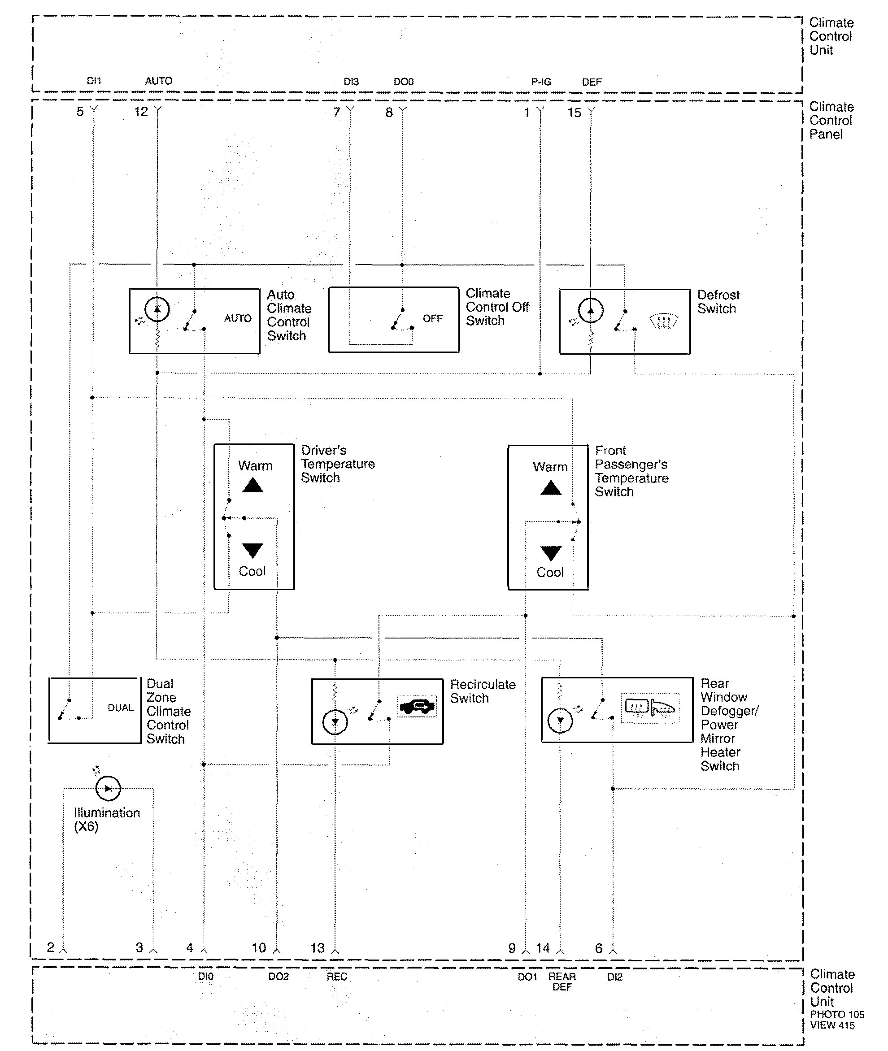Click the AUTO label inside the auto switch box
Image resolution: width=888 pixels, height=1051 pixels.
[x=238, y=318]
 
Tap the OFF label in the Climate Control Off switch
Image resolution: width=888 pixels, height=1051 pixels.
[x=432, y=319]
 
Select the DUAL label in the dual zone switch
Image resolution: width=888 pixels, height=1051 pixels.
[x=121, y=708]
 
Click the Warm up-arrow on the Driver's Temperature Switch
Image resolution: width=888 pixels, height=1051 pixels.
[x=252, y=485]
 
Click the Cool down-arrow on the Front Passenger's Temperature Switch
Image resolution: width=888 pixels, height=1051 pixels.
[x=551, y=553]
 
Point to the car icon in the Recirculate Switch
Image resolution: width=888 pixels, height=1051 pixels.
[x=417, y=706]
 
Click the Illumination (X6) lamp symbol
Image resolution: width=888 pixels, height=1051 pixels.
[x=108, y=788]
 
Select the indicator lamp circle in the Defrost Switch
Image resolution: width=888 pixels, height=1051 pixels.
[x=591, y=311]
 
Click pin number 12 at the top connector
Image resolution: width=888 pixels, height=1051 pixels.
[x=141, y=112]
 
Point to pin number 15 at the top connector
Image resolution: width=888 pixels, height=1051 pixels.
[x=575, y=113]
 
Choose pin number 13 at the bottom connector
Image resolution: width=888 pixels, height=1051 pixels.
[x=317, y=948]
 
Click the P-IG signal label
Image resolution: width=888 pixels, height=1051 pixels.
[x=541, y=82]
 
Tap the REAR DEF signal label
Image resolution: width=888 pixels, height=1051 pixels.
[x=562, y=982]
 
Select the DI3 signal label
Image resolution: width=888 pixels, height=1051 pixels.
[x=351, y=82]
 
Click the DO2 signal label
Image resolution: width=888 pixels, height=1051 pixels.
[x=279, y=977]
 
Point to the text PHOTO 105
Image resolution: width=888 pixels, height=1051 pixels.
[x=837, y=1015]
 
